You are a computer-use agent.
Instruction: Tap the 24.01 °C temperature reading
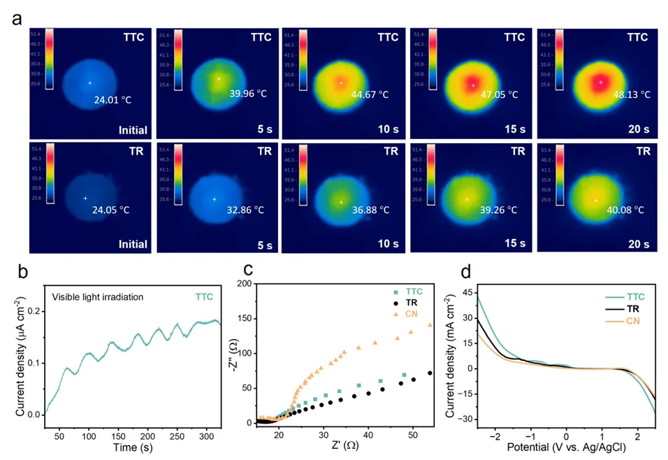[112, 99]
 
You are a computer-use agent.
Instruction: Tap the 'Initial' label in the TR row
[131, 244]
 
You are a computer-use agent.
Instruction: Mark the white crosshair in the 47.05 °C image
[473, 85]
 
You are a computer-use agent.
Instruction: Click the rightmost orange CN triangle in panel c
[430, 325]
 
